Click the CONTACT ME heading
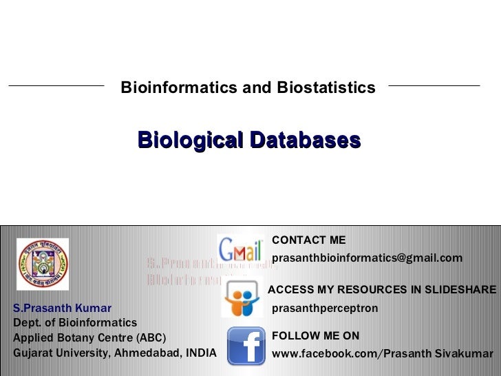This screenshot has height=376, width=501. tap(309, 240)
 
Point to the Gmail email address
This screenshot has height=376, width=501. tap(367, 258)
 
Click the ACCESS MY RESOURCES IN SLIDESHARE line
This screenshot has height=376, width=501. tap(381, 290)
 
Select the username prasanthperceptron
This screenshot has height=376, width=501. tap(326, 308)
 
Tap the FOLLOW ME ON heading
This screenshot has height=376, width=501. tap(316, 336)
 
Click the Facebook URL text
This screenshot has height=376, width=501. tap(383, 354)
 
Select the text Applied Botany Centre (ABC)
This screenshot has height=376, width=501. tap(89, 337)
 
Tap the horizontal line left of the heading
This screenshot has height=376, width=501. tap(56, 86)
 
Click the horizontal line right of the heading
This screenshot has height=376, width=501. tap(434, 86)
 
